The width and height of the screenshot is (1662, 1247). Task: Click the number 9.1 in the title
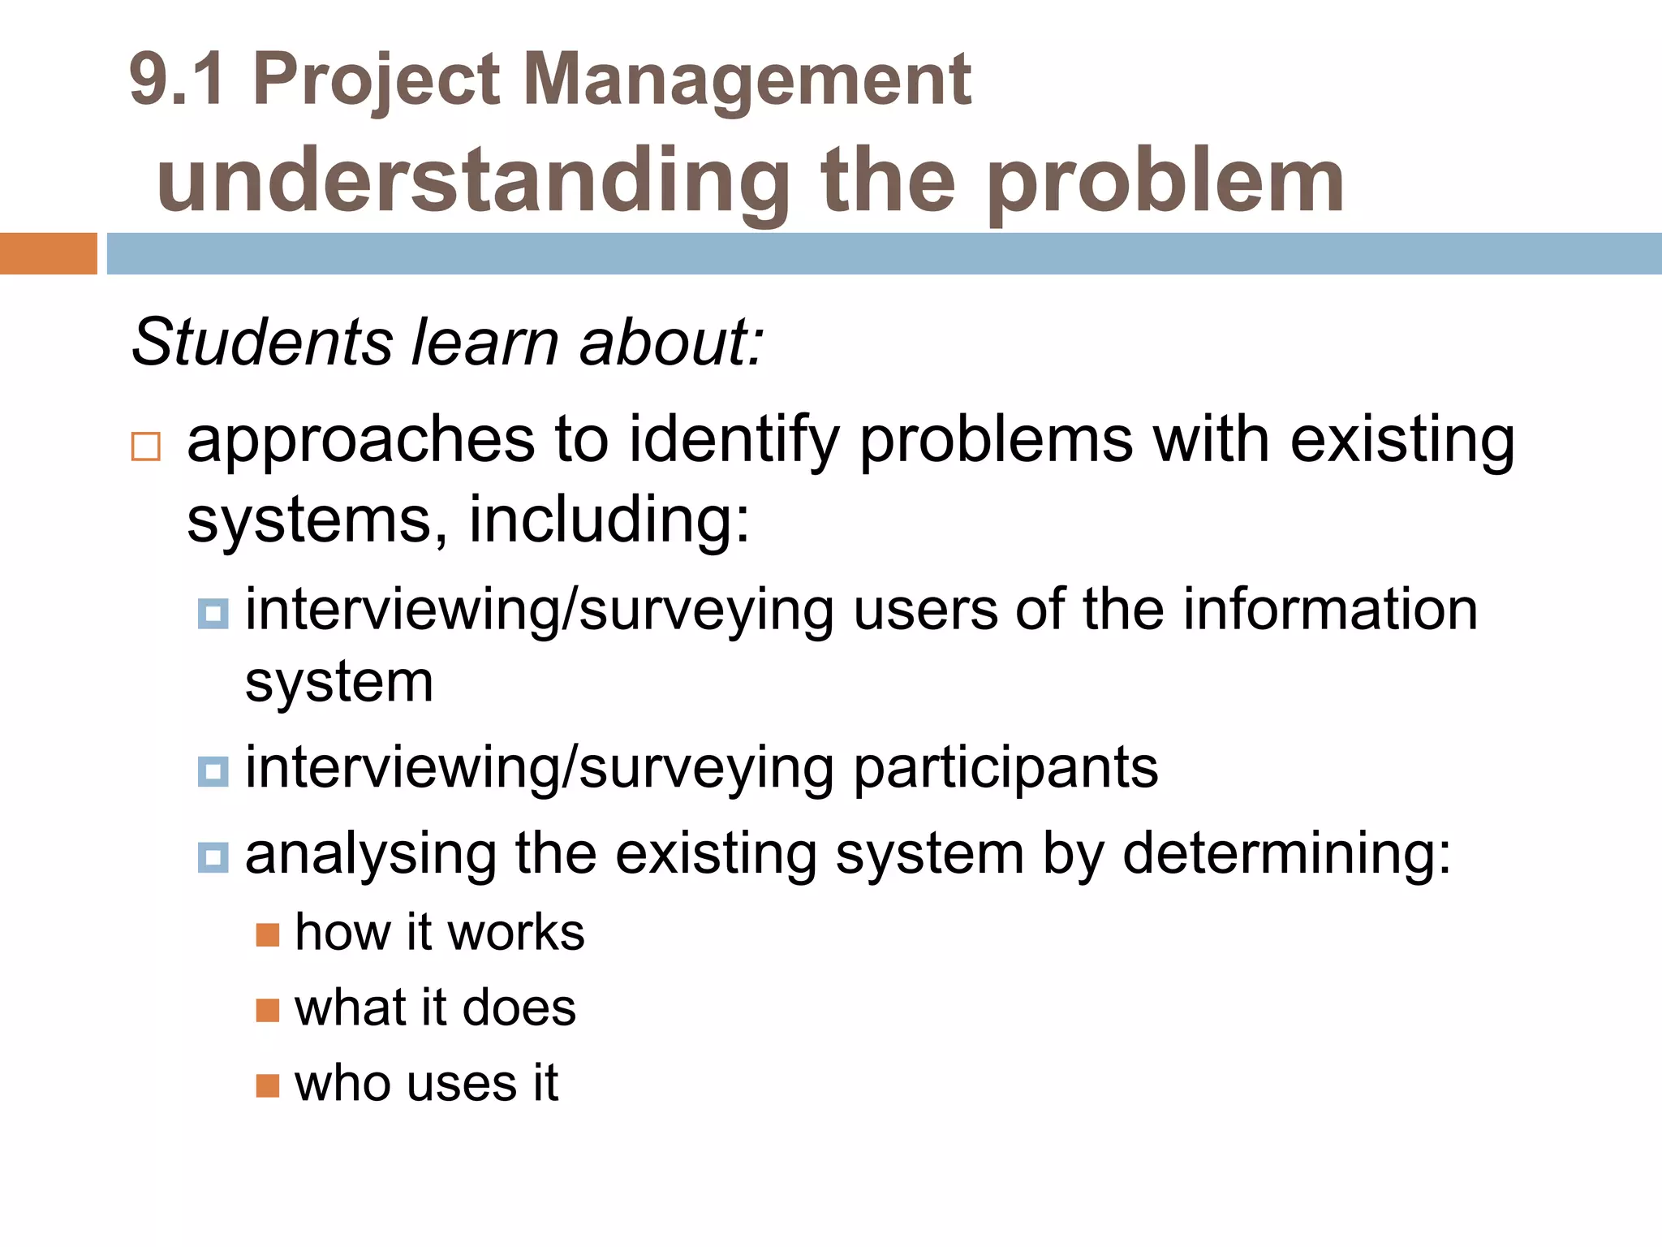[x=176, y=80]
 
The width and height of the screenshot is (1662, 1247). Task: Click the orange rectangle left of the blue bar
[x=48, y=253]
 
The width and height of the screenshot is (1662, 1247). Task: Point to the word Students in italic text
[x=262, y=342]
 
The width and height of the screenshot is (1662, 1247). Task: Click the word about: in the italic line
[x=671, y=342]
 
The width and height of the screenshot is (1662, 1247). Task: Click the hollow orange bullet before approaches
[x=146, y=447]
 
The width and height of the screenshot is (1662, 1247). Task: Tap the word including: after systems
[x=609, y=520]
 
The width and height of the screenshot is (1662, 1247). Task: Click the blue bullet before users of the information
[x=213, y=614]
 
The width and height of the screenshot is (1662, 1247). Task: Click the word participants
[x=1005, y=768]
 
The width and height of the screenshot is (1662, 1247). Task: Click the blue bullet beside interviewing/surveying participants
[x=213, y=771]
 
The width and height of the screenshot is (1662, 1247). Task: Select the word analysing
[x=371, y=855]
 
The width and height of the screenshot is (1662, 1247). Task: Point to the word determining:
[x=1286, y=853]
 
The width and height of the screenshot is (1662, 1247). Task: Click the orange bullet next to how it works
[x=268, y=935]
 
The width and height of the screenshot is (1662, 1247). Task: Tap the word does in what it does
[x=519, y=1008]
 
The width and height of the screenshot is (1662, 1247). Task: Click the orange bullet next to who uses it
[x=268, y=1085]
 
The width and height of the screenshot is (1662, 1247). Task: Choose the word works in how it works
[x=515, y=933]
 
